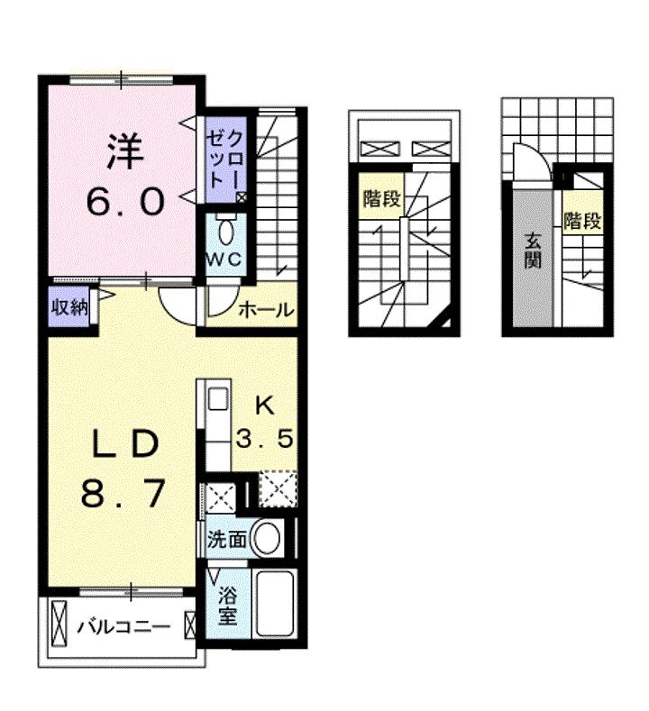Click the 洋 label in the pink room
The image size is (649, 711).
point(125,151)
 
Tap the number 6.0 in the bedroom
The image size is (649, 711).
point(125,202)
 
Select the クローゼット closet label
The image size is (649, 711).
point(225,160)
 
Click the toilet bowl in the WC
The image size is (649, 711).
point(225,234)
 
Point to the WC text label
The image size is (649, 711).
point(224,260)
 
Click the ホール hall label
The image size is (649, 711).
point(266,310)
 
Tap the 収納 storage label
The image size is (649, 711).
point(69,308)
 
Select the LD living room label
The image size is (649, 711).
point(125,443)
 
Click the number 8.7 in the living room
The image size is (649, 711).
point(123,494)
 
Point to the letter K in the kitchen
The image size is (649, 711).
point(265,406)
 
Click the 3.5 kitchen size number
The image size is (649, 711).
point(265,439)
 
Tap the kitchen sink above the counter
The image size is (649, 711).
point(219,399)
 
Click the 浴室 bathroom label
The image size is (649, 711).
point(228,606)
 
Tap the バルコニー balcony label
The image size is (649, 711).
point(123,627)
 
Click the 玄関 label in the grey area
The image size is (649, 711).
point(533,251)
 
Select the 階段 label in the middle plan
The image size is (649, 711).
point(382,198)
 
